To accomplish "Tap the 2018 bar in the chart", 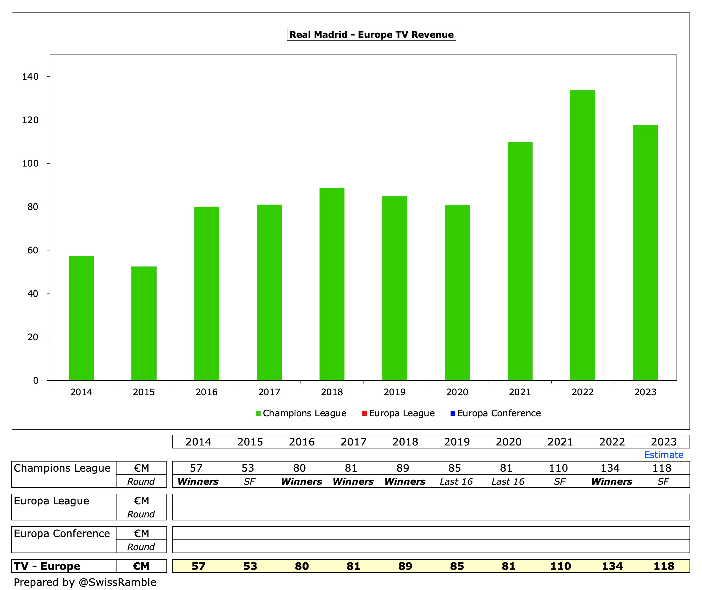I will (332, 284).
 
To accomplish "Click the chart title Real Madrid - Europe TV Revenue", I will (372, 34).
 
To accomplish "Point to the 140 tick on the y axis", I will (30, 77).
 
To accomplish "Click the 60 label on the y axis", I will (33, 250).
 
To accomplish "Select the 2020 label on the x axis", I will (457, 392).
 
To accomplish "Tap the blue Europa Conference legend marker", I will (453, 413).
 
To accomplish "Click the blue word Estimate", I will (664, 455).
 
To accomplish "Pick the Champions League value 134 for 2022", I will (610, 468).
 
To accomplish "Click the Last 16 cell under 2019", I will (456, 482).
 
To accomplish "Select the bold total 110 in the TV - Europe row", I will (560, 566).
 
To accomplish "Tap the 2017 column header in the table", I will (353, 442).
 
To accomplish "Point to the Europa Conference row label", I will (62, 533).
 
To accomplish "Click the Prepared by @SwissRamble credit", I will (85, 582).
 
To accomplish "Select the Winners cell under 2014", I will (198, 482).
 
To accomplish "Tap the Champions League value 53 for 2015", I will (248, 468).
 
